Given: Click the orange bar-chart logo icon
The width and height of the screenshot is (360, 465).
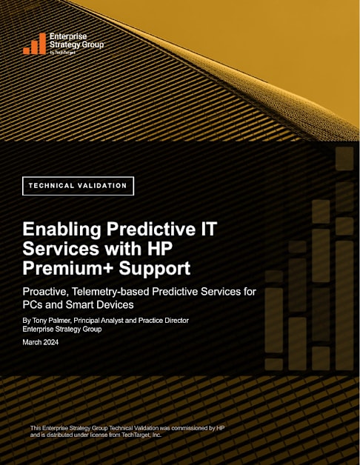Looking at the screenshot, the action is pyautogui.click(x=34, y=44).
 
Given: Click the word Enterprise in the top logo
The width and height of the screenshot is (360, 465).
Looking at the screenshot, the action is pyautogui.click(x=68, y=36).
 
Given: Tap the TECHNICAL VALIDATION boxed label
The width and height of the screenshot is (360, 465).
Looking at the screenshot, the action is pyautogui.click(x=78, y=186).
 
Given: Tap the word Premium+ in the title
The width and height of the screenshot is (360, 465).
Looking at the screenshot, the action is pyautogui.click(x=68, y=268).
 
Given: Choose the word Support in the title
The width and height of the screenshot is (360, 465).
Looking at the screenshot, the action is pyautogui.click(x=155, y=269).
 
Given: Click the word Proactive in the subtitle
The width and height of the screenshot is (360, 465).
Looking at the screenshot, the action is pyautogui.click(x=46, y=292).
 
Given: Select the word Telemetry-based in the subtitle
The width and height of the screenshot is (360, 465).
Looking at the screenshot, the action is pyautogui.click(x=111, y=292).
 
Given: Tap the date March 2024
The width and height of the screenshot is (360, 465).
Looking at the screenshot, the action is pyautogui.click(x=41, y=343).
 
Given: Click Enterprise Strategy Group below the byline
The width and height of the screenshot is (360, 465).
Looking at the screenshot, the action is pyautogui.click(x=62, y=329).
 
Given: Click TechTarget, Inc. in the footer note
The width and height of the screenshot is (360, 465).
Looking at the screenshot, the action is pyautogui.click(x=141, y=435).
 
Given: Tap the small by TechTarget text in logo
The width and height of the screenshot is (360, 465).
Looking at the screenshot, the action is pyautogui.click(x=63, y=53).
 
